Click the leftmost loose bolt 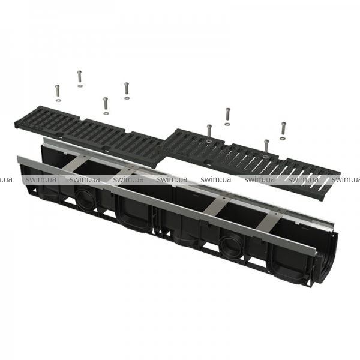(57, 91)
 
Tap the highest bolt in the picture (79, 76)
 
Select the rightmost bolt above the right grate (284, 128)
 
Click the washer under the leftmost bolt (58, 100)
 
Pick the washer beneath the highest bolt (80, 86)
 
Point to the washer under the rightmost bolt (282, 139)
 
